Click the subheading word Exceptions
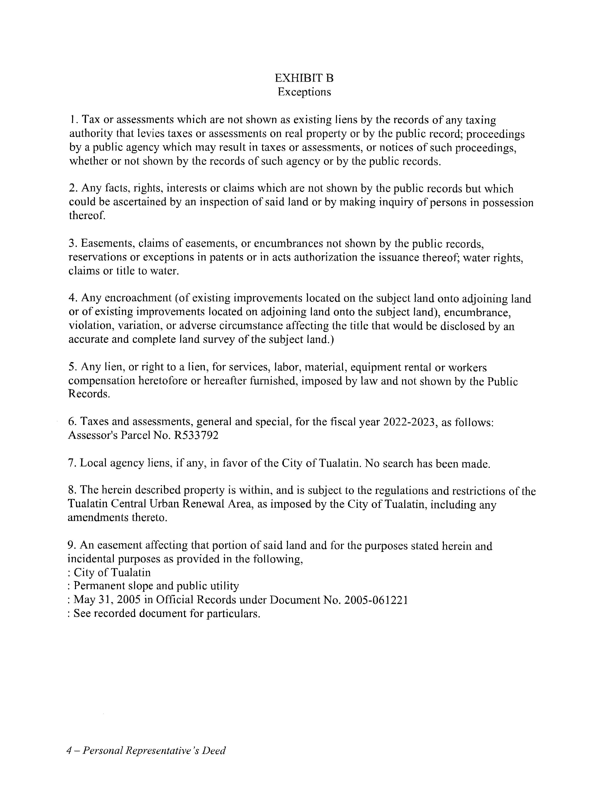(304, 92)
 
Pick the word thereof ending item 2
(87, 216)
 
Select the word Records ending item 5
(88, 394)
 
